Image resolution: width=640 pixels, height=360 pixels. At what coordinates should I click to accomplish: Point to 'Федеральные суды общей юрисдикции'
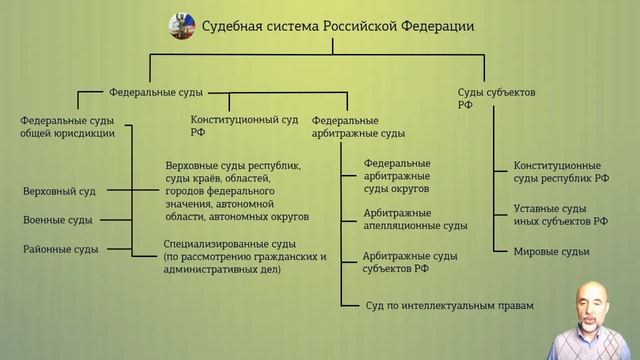(x=68, y=126)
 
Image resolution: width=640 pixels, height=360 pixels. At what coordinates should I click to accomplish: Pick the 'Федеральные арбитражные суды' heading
(x=358, y=126)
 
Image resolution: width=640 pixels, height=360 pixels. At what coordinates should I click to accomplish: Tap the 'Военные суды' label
(x=57, y=219)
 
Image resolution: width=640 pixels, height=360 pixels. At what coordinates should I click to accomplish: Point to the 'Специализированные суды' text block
(x=245, y=254)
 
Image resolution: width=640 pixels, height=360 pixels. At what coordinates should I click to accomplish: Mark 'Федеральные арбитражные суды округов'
(x=397, y=175)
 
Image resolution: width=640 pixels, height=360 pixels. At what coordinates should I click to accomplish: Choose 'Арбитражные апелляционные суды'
(x=415, y=219)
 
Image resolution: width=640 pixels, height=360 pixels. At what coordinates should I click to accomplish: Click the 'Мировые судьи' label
(x=552, y=251)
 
